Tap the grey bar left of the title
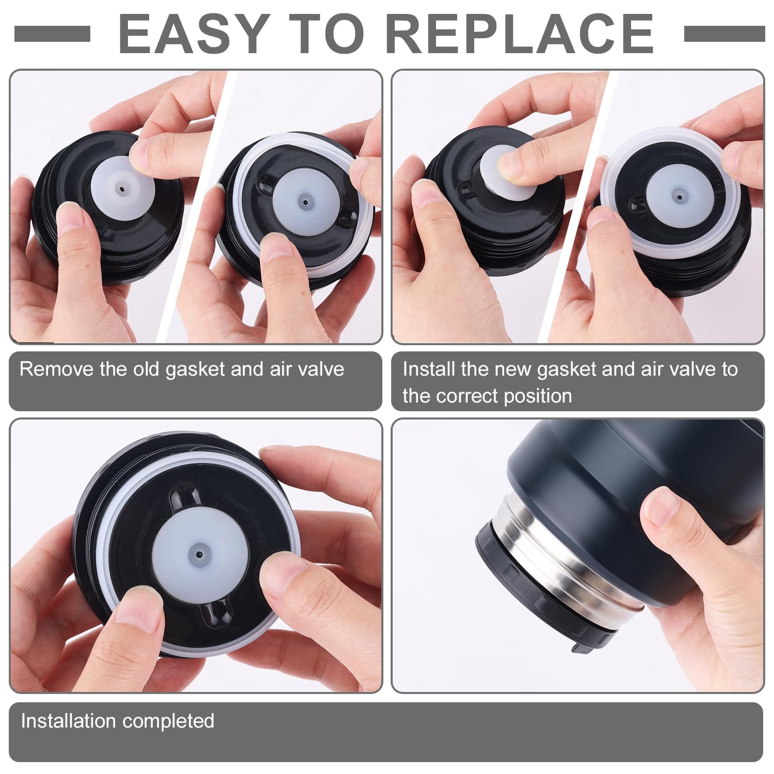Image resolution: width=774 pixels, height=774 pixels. (52, 34)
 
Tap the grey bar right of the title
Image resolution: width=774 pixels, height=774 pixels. (724, 34)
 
